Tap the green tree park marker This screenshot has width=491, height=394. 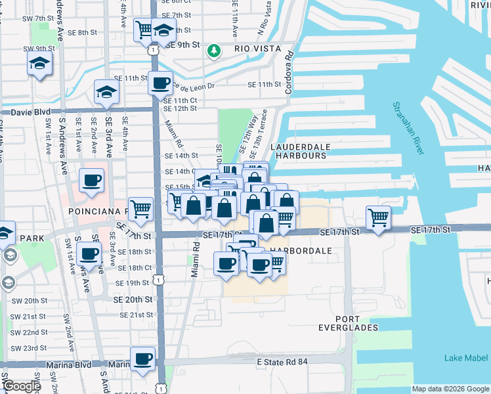pyautogui.click(x=213, y=50)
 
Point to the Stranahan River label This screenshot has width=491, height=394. pyautogui.click(x=408, y=128)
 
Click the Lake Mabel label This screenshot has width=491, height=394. pyautogui.click(x=465, y=358)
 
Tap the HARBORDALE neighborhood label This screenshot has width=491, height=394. pyautogui.click(x=298, y=251)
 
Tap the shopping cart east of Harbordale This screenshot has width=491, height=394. pyautogui.click(x=378, y=216)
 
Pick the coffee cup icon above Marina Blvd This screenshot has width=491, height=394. pyautogui.click(x=142, y=358)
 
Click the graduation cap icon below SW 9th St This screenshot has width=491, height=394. pyautogui.click(x=39, y=64)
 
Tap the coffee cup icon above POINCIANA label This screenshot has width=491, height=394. pyautogui.click(x=91, y=180)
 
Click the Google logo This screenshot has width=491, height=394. pyautogui.click(x=22, y=387)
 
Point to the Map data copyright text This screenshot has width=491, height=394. pyautogui.click(x=450, y=389)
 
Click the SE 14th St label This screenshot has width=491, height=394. pyautogui.click(x=181, y=156)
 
